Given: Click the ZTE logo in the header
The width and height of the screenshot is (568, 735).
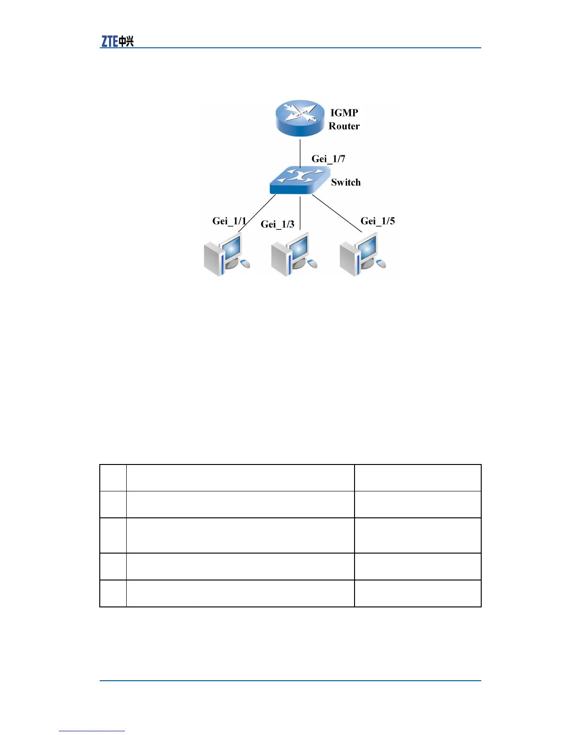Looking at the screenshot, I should [117, 41].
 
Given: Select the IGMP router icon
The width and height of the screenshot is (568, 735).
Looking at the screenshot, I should [300, 118].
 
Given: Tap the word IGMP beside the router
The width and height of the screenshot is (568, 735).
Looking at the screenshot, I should [344, 113].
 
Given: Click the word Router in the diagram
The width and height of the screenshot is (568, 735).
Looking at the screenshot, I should [344, 126].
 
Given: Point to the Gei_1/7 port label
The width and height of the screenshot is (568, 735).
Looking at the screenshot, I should [328, 159].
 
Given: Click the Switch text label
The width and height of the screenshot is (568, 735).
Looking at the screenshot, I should [346, 182].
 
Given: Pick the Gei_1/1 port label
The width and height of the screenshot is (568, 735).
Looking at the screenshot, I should [229, 221].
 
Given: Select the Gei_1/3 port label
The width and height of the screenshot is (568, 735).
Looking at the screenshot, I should [278, 225].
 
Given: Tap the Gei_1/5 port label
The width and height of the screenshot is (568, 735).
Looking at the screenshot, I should [378, 221].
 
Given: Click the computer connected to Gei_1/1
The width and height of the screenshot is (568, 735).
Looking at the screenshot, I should [226, 255].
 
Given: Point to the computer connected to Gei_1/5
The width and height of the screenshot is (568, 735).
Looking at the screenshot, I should [362, 256].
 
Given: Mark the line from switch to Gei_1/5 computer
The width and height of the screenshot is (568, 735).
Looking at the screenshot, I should [336, 213].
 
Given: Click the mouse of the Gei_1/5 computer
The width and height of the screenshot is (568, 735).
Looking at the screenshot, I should [381, 264].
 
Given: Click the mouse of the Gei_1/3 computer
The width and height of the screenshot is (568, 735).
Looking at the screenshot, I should [313, 264].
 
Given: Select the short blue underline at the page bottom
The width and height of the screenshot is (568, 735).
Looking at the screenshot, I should [92, 731].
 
